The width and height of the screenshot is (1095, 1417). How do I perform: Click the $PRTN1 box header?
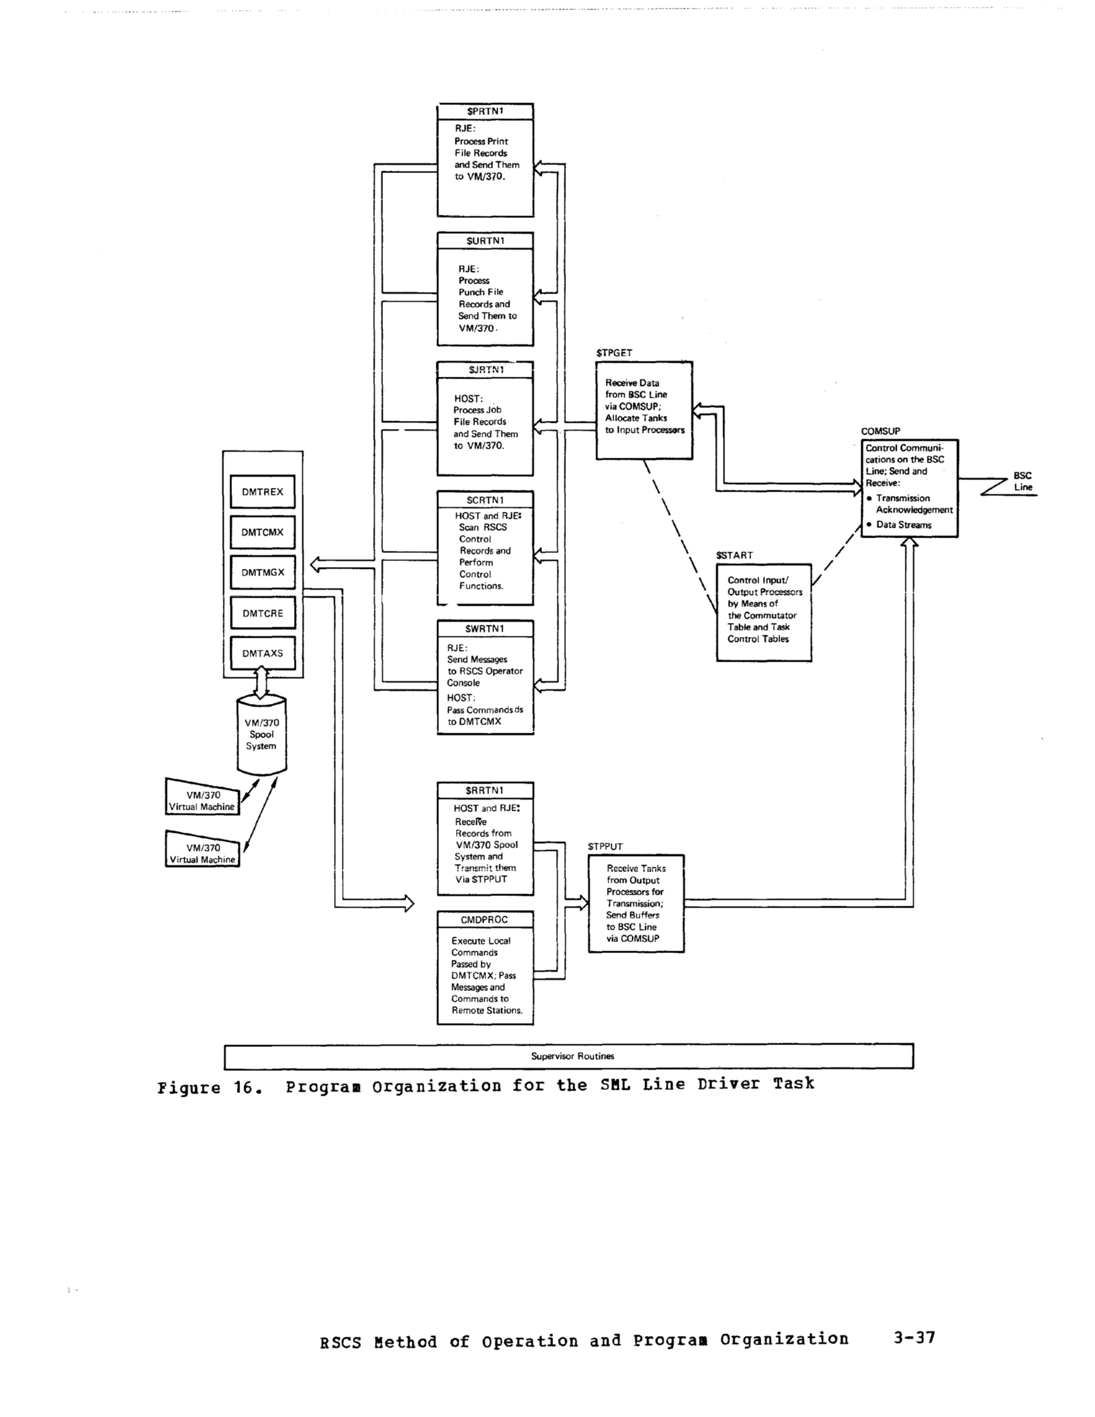tap(485, 112)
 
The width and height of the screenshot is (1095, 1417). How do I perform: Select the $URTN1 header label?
tap(485, 241)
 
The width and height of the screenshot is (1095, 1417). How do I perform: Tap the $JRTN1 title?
tap(486, 370)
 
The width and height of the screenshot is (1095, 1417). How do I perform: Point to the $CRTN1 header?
tap(485, 500)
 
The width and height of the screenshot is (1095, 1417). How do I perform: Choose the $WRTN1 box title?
tap(485, 628)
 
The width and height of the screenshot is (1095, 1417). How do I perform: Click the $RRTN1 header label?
tap(485, 790)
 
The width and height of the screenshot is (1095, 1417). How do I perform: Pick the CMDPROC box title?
tap(484, 919)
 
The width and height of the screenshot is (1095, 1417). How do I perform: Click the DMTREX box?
tap(262, 492)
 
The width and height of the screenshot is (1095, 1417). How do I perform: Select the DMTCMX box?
tap(262, 532)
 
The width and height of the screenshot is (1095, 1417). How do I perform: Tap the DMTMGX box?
tap(262, 572)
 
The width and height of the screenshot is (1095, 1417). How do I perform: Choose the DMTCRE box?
tap(262, 613)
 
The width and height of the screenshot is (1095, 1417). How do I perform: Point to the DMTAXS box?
tap(262, 654)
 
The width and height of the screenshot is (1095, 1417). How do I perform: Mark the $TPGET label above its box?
tap(614, 353)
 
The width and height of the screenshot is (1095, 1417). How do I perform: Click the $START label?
tap(734, 555)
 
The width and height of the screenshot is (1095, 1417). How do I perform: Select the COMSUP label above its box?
tap(880, 431)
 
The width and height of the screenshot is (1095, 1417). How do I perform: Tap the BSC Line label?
tap(1023, 481)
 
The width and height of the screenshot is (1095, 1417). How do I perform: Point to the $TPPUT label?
tap(605, 847)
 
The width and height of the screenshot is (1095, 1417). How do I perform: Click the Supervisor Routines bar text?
tap(572, 1056)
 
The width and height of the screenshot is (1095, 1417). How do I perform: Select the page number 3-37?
tap(914, 1337)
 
